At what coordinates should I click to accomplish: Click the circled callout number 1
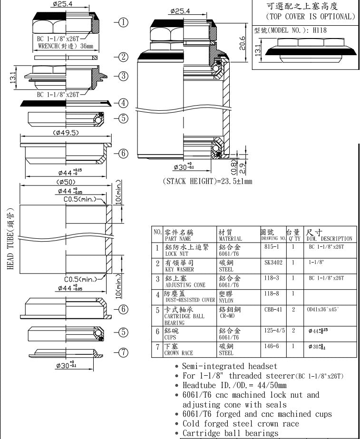pyautogui.click(x=123, y=22)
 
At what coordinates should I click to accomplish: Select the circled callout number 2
pyautogui.click(x=123, y=57)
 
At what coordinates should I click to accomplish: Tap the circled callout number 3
pyautogui.click(x=123, y=76)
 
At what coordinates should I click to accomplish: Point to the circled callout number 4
pyautogui.click(x=123, y=103)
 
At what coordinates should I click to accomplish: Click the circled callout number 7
pyautogui.click(x=123, y=352)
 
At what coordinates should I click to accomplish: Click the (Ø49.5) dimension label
pyautogui.click(x=66, y=133)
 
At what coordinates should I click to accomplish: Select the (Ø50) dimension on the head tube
pyautogui.click(x=67, y=182)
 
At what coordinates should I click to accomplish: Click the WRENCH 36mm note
pyautogui.click(x=65, y=47)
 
